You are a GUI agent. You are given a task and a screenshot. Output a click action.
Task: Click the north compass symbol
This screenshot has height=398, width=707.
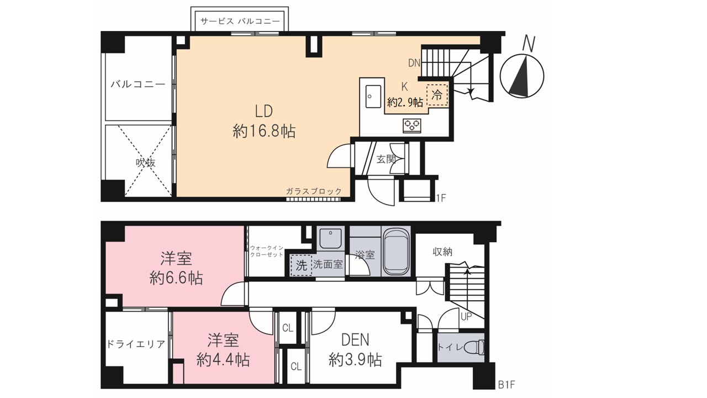[x=522, y=76]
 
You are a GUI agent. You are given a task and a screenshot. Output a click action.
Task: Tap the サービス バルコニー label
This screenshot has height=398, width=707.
[x=240, y=21]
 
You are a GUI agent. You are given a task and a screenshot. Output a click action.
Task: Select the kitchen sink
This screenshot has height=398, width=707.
[x=373, y=96]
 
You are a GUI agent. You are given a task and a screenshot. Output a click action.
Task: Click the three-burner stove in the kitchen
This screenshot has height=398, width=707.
[x=412, y=125]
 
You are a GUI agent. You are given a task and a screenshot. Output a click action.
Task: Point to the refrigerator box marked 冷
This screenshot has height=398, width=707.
[x=437, y=95]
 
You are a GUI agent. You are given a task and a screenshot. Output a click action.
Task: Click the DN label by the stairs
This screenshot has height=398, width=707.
[x=414, y=63]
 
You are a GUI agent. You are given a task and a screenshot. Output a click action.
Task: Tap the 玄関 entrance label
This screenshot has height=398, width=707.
[x=386, y=159]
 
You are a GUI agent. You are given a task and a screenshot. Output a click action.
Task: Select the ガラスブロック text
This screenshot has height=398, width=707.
[x=314, y=191]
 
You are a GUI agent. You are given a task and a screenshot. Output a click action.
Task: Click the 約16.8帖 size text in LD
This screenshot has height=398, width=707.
[x=264, y=131]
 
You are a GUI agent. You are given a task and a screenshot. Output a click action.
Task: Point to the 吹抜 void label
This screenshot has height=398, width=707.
[x=145, y=163]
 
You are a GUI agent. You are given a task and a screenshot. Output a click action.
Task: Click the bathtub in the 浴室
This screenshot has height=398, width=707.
[x=396, y=253]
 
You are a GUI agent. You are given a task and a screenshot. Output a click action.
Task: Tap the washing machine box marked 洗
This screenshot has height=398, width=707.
[x=301, y=265]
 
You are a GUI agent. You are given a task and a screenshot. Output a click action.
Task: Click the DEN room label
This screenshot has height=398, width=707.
[x=355, y=340]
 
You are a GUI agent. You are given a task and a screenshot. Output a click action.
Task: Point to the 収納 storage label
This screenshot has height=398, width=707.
[x=442, y=252]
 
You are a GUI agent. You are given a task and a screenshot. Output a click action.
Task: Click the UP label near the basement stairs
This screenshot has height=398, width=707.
[x=466, y=317]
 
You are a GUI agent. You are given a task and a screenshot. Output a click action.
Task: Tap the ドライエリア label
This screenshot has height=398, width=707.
[x=136, y=344]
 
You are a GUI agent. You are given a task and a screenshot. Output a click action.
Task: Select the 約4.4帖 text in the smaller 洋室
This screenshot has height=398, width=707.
[x=223, y=360]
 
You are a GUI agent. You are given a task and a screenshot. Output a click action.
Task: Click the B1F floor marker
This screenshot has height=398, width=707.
[x=506, y=385]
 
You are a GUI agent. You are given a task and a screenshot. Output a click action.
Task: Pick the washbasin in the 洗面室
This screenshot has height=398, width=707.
[x=330, y=239]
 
